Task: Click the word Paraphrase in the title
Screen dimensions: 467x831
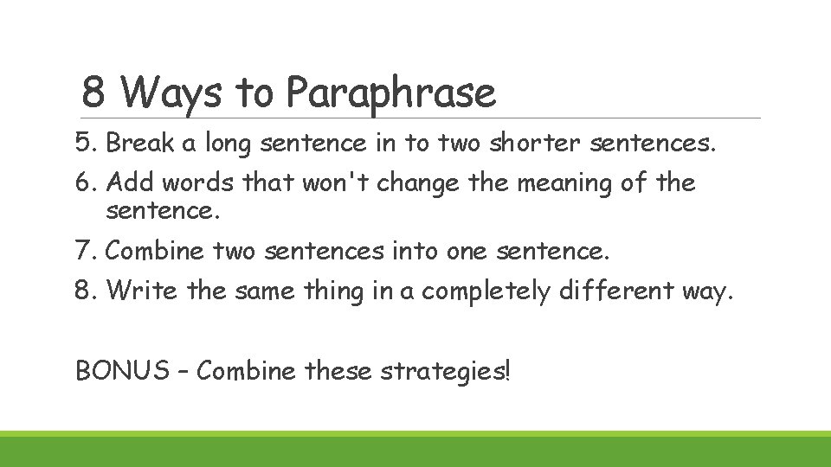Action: click(x=391, y=93)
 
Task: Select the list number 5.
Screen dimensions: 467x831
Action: click(x=84, y=144)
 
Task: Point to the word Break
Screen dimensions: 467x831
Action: click(x=140, y=144)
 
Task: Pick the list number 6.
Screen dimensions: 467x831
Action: click(x=85, y=183)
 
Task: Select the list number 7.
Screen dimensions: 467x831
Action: click(x=84, y=252)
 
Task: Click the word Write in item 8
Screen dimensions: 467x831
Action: click(x=142, y=291)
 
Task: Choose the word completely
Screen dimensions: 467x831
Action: click(x=486, y=292)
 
